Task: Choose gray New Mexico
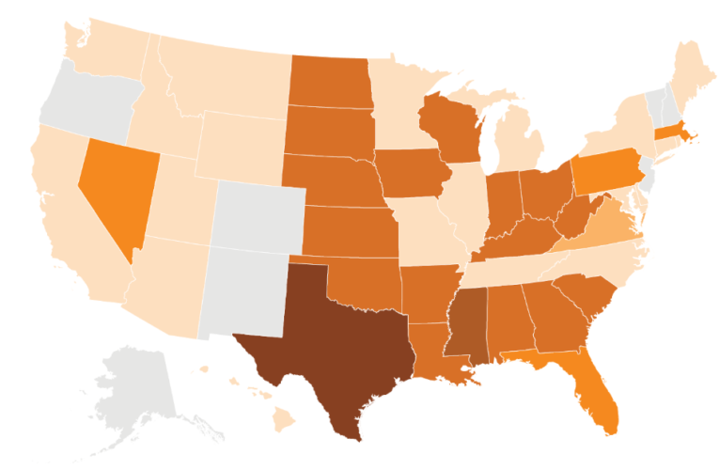[x=242, y=287]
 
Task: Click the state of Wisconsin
[x=456, y=127]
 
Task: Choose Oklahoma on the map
[x=362, y=277]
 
